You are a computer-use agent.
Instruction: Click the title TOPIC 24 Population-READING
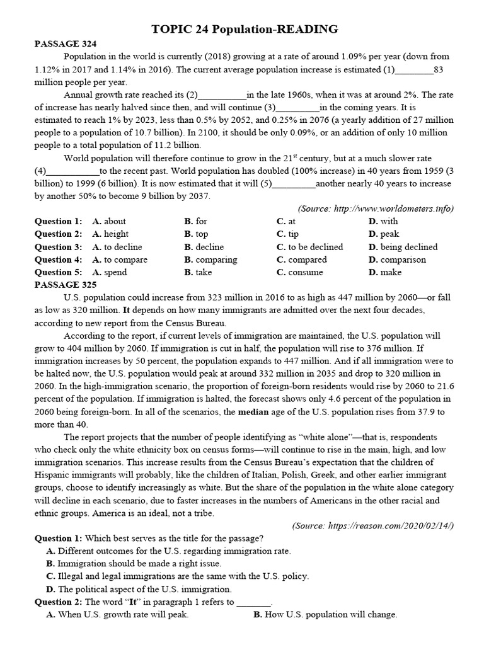[x=246, y=29]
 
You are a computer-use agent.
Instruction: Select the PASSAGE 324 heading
[x=66, y=43]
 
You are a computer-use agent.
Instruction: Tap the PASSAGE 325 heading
[x=66, y=285]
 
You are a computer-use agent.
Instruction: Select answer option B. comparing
[x=211, y=260]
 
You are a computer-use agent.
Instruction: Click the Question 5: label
[x=58, y=272]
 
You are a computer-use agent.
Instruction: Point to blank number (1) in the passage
[x=413, y=69]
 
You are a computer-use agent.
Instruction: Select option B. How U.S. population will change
[x=325, y=615]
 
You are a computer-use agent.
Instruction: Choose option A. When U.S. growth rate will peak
[x=118, y=615]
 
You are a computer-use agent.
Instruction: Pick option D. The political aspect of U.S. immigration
[x=139, y=589]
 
